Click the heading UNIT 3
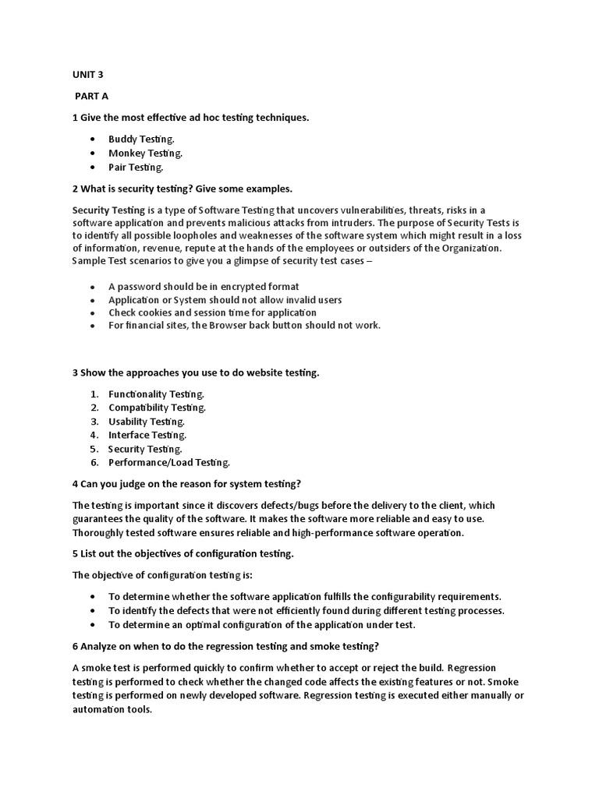click(x=87, y=76)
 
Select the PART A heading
click(x=92, y=96)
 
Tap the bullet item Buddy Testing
click(x=141, y=139)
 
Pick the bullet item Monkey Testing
click(x=145, y=154)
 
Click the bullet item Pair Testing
click(x=136, y=168)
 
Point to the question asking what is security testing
click(x=182, y=189)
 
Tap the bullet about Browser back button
click(x=244, y=325)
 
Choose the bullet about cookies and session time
click(x=212, y=312)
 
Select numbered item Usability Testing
click(x=146, y=422)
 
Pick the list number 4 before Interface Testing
click(x=93, y=435)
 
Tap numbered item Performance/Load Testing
click(x=168, y=463)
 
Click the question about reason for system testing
click(x=186, y=484)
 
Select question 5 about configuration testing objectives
click(x=183, y=554)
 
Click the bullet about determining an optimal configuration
click(x=261, y=625)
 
